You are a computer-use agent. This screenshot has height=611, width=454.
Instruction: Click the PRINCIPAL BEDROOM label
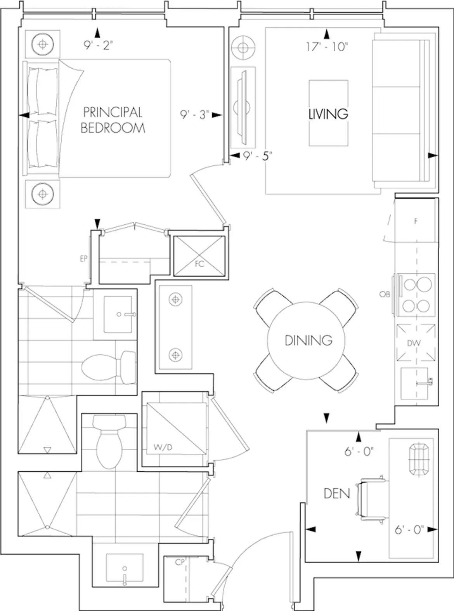click(x=113, y=120)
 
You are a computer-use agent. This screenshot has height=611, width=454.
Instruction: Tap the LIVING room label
click(x=328, y=114)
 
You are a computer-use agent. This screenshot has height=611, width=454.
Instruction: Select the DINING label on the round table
click(x=308, y=340)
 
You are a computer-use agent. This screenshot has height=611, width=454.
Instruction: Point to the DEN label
click(x=337, y=493)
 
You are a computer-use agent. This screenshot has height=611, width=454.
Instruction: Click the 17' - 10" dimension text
click(x=327, y=47)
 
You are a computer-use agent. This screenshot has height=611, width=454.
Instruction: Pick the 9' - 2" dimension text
click(x=98, y=45)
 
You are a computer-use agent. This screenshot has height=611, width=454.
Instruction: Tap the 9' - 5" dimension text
click(x=257, y=156)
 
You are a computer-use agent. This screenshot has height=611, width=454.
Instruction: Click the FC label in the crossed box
click(x=199, y=264)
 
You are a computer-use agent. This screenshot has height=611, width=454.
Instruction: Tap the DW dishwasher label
click(x=414, y=343)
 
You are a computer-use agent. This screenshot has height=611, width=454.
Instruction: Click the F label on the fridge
click(x=416, y=221)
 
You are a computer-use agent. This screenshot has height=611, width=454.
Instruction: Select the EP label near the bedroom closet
click(x=84, y=259)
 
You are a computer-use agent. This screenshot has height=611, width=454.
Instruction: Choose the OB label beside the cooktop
click(x=385, y=294)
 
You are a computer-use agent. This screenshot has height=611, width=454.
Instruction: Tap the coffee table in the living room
click(x=328, y=113)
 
